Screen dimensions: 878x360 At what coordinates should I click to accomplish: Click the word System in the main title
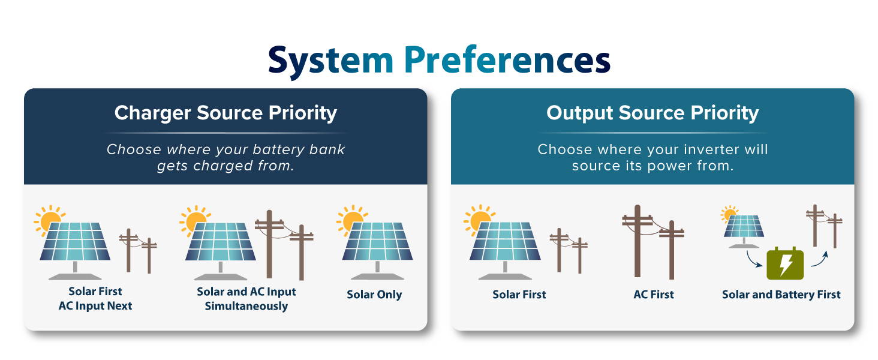click(331, 61)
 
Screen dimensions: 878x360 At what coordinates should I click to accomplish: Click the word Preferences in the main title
click(507, 59)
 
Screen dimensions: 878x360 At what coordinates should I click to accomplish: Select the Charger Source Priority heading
click(225, 113)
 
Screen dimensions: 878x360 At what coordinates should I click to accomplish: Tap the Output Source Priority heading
click(653, 113)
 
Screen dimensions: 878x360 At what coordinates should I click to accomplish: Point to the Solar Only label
click(374, 295)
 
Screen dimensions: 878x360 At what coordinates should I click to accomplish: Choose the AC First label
click(654, 294)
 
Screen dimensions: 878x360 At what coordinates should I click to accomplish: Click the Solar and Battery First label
click(781, 295)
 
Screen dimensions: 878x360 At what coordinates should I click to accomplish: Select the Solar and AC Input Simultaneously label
click(246, 299)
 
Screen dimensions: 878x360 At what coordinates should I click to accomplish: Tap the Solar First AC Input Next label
click(95, 298)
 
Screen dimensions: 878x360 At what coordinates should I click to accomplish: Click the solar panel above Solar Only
click(377, 250)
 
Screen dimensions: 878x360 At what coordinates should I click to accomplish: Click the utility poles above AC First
click(653, 242)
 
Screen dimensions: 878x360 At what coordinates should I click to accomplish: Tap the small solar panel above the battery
click(744, 232)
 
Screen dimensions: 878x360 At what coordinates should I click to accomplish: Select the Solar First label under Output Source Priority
click(519, 294)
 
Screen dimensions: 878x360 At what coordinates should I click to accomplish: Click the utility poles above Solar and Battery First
click(824, 226)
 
